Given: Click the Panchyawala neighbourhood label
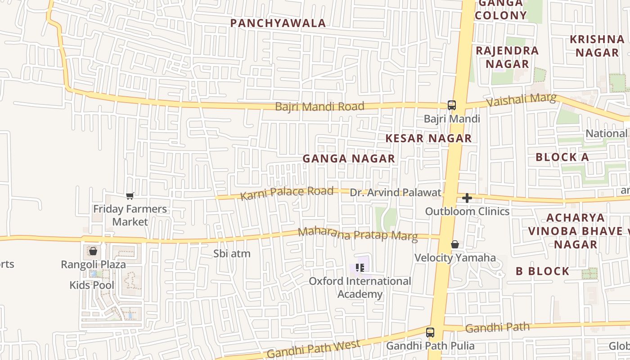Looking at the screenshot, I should pos(278,23).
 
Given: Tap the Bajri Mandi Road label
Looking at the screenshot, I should pos(319,107).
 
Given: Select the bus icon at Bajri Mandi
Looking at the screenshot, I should pos(451,105).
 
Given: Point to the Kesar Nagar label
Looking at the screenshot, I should pos(428,138).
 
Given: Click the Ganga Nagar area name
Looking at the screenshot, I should pos(349,158).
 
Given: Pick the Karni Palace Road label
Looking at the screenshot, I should pos(287,193).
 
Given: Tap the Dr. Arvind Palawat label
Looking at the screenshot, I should pos(396,193).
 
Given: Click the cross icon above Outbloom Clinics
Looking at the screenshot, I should pos(467,198).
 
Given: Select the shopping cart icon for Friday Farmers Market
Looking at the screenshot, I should pos(130,196).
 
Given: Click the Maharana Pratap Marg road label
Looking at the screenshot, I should pos(358,234).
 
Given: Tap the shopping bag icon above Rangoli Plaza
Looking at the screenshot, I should pos(93,251).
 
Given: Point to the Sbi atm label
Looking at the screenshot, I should pos(232,254).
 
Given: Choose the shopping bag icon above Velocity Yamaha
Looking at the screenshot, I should pos(455,244).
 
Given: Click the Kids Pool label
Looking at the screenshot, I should pos(92,285).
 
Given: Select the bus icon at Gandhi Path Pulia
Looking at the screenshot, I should pos(430,333).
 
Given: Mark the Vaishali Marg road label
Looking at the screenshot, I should pos(522,100).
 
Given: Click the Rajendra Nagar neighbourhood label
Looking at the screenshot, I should pos(507,57).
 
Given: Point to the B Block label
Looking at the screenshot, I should pos(542,271).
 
